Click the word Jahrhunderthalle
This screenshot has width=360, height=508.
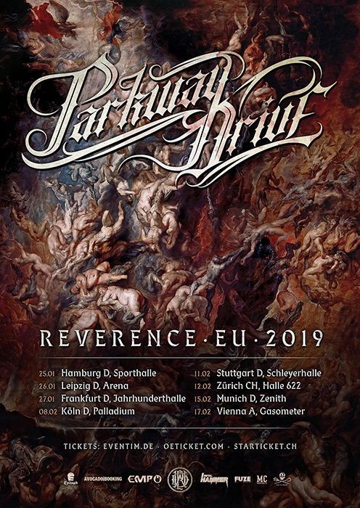pyautogui.click(x=150, y=398)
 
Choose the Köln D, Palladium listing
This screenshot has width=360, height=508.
pyautogui.click(x=98, y=411)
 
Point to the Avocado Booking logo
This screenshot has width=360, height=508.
pyautogui.click(x=101, y=480)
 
